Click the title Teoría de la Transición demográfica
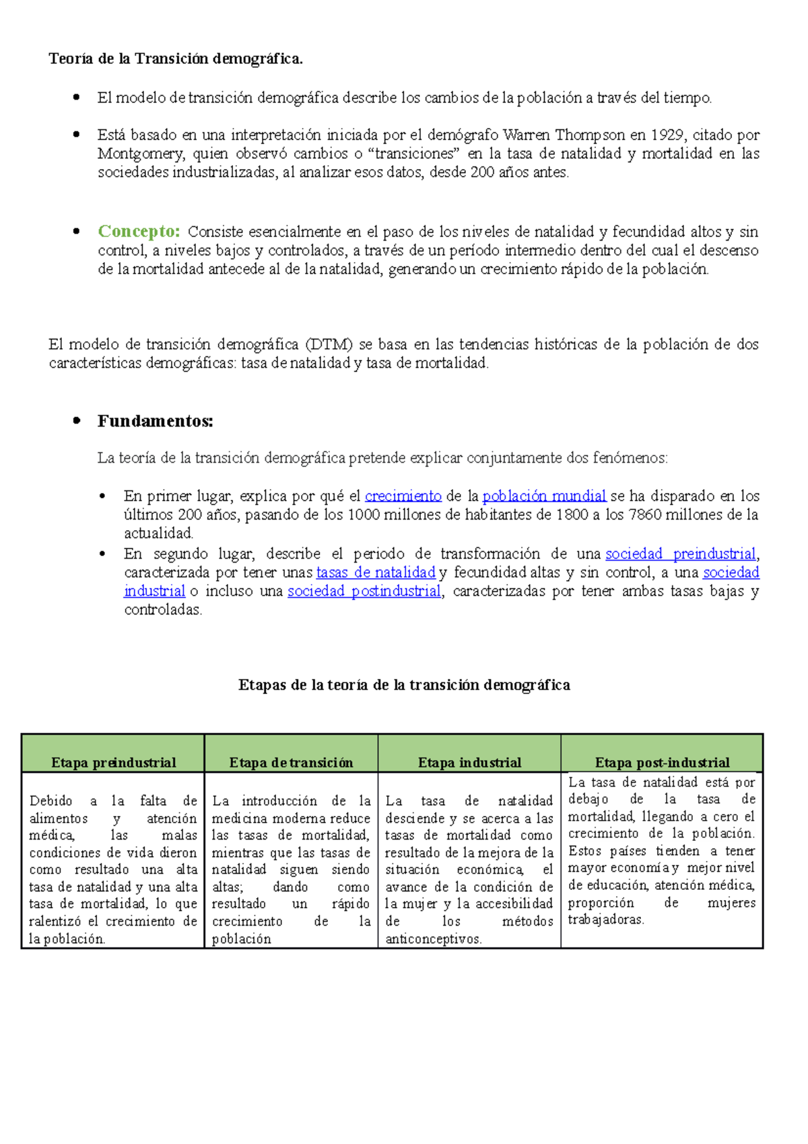tap(176, 59)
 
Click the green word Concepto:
tap(139, 231)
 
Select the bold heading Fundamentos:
tap(155, 421)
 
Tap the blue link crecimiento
tap(403, 497)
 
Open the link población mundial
tap(544, 497)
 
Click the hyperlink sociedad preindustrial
tap(680, 554)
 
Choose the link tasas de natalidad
tap(376, 573)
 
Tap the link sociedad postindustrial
tap(364, 592)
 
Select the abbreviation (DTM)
tap(329, 345)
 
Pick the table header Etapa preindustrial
tap(113, 763)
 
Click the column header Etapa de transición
tap(291, 763)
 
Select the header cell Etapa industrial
tap(469, 763)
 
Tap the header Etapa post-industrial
tap(662, 763)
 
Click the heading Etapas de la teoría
tap(404, 685)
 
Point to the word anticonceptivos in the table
tap(433, 939)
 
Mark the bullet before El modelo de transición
tap(76, 98)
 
